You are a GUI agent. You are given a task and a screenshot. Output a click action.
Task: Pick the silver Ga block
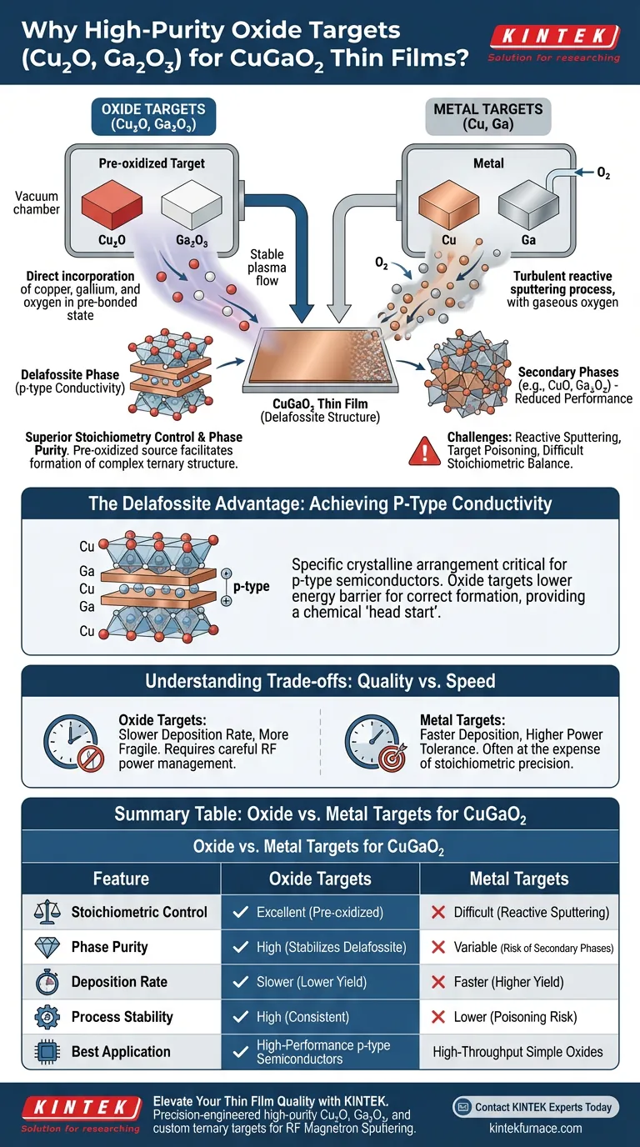click(528, 204)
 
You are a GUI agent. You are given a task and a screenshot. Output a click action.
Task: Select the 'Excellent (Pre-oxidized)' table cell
click(320, 912)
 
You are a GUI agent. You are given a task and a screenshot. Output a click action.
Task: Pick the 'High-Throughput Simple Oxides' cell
click(517, 1052)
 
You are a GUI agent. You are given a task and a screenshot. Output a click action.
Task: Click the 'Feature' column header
click(122, 879)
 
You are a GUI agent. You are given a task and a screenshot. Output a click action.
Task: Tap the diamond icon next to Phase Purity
click(42, 947)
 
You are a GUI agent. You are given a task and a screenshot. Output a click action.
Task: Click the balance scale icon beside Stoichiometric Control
click(42, 912)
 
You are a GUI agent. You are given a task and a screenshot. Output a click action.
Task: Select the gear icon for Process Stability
click(42, 1017)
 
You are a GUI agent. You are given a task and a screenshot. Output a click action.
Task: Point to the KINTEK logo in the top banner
click(553, 37)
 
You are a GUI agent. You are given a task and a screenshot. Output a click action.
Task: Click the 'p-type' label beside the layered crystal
click(251, 587)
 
